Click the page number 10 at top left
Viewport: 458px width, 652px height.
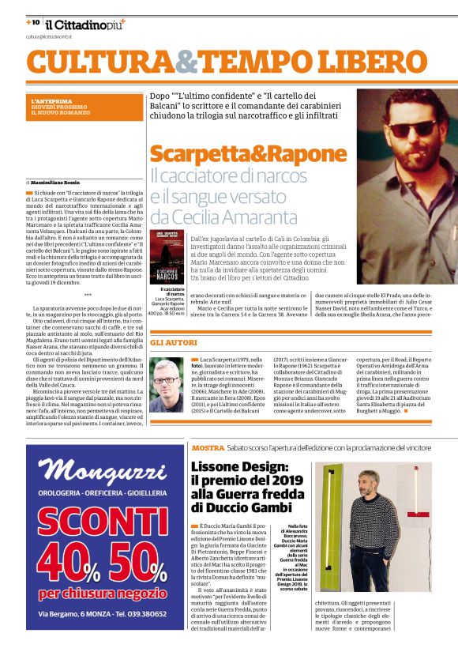pos(35,23)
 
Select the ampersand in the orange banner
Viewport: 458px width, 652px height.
pos(187,62)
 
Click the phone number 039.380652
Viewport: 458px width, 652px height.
pos(142,614)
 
